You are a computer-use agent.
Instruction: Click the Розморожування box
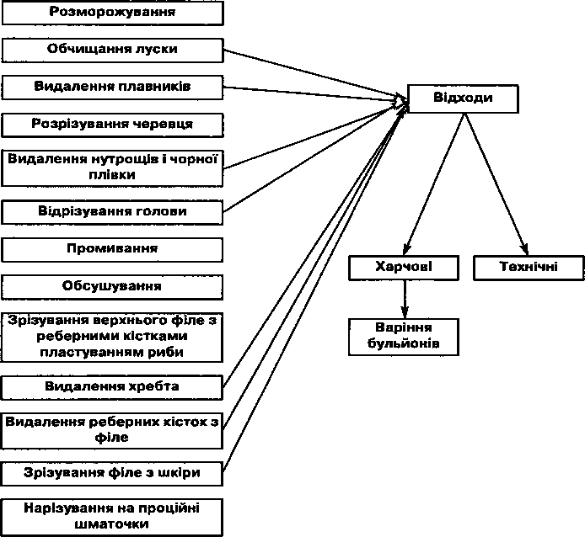point(113,13)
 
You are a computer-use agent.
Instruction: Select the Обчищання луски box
point(113,50)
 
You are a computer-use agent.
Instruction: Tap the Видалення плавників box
point(113,88)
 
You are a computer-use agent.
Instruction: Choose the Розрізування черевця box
point(113,125)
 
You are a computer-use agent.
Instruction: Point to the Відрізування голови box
point(112,212)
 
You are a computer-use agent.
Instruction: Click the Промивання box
point(112,250)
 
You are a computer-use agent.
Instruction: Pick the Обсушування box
point(112,287)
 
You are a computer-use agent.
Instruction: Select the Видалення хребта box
point(112,387)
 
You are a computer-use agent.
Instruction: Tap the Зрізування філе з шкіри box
point(112,474)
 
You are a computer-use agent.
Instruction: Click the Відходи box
point(463,98)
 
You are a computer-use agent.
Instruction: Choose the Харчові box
point(404,268)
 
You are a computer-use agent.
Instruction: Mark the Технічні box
point(529,268)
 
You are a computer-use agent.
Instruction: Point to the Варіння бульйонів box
point(404,337)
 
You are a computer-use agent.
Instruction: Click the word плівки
point(112,175)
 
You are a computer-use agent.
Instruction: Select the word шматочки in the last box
point(112,524)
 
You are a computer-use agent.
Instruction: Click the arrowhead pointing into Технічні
point(524,248)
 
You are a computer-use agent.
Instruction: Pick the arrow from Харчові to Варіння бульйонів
point(405,300)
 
